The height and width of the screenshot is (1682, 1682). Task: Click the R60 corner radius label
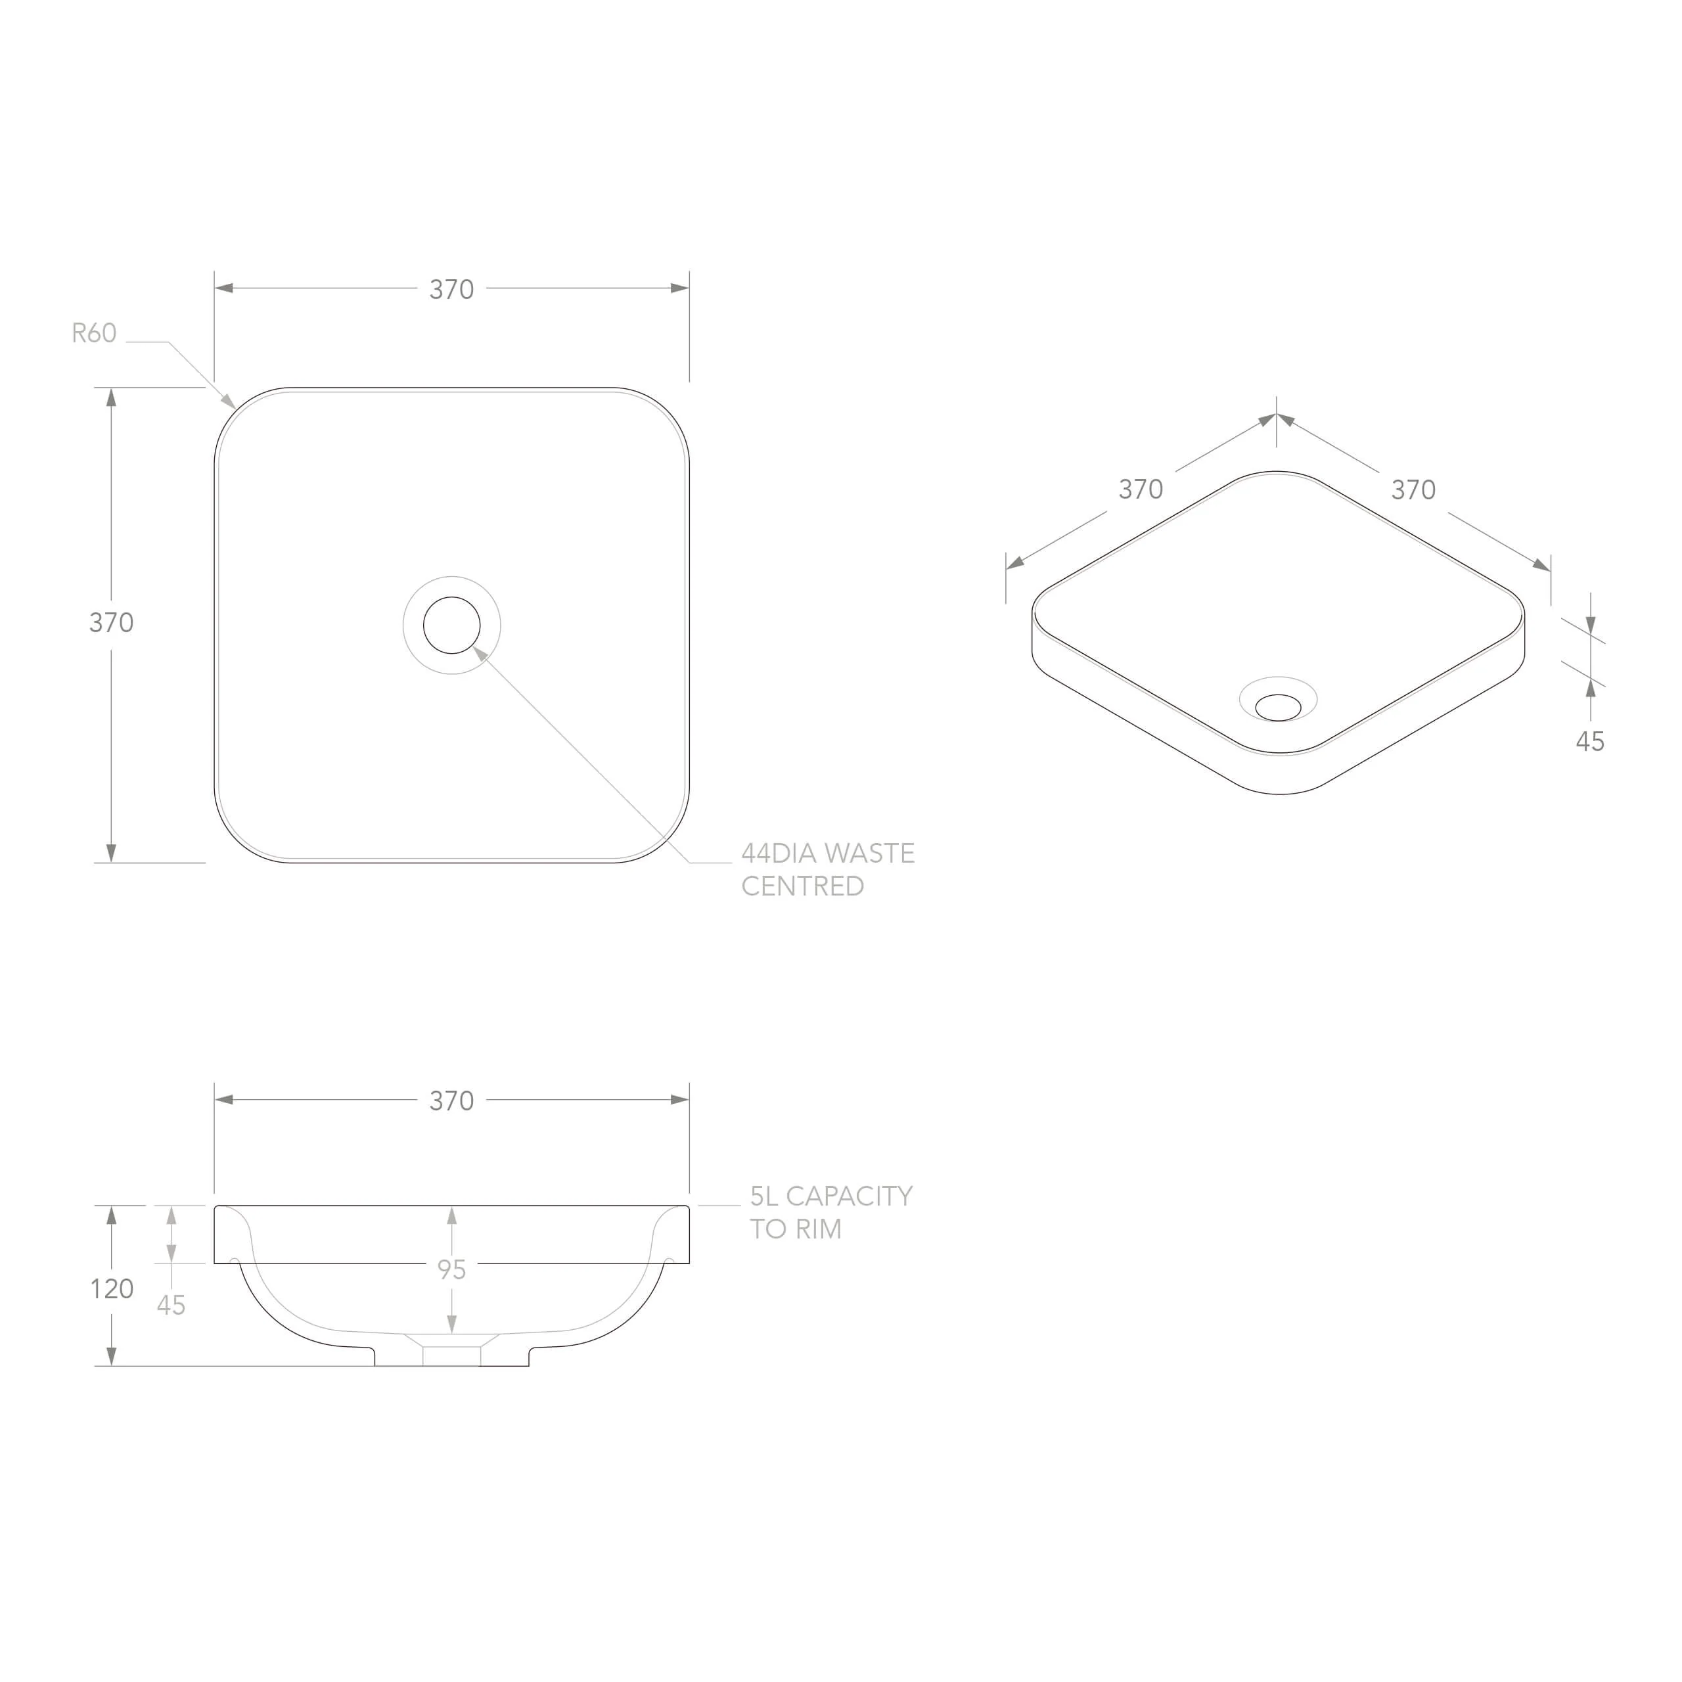[94, 333]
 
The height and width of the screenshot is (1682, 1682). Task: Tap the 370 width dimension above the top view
[451, 289]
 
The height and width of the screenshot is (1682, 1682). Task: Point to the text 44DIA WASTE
[828, 853]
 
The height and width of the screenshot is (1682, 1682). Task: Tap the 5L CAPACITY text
[831, 1196]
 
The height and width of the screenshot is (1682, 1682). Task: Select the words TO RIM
[796, 1229]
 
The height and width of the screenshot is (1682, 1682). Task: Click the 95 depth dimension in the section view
[451, 1270]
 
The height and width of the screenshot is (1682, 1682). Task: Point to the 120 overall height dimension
[112, 1289]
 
